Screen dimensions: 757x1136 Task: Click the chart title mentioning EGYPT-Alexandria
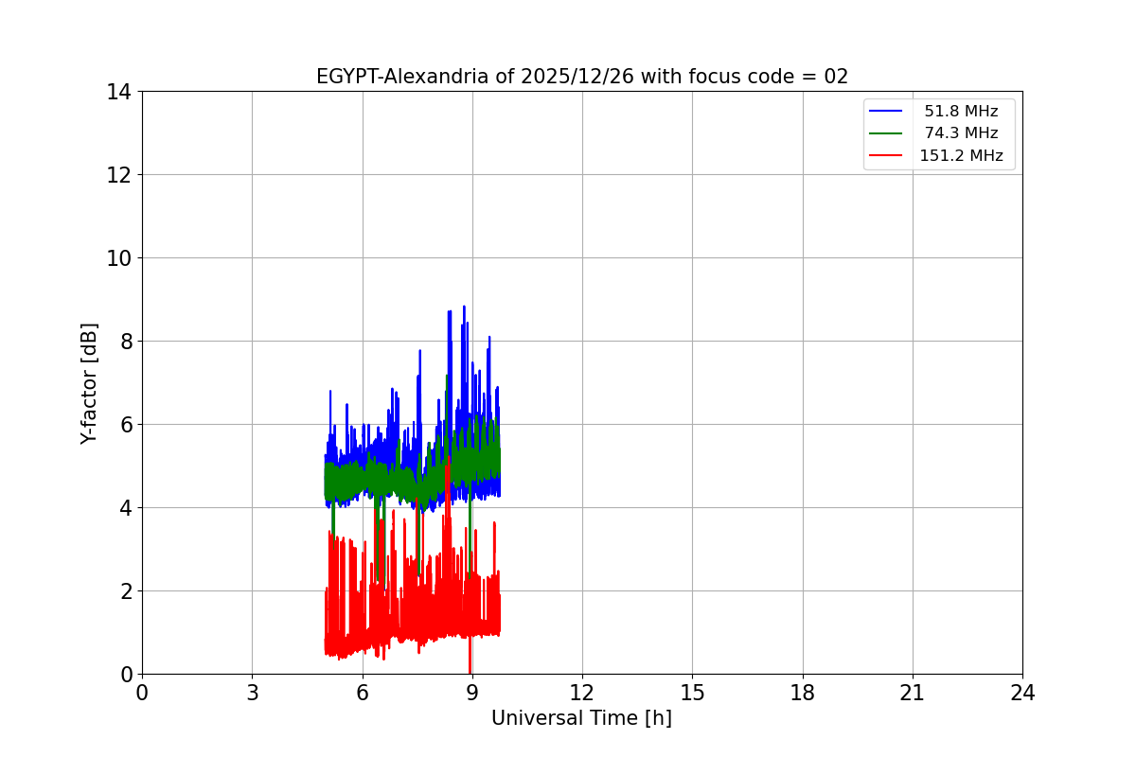582,77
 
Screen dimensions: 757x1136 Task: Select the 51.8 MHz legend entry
961,112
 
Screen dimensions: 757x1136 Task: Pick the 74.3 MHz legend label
961,133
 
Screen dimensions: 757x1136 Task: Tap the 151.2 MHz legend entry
961,156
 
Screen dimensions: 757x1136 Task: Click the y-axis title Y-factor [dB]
89,383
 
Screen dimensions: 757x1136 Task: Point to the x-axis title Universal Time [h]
581,718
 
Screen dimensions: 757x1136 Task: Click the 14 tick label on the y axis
119,92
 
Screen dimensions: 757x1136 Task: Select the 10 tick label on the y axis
119,258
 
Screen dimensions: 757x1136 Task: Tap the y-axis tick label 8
125,342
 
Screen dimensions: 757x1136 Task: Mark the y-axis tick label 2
125,591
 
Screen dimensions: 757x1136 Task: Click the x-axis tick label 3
252,693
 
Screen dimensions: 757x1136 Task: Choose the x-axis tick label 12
581,693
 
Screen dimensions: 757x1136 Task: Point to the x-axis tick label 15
692,693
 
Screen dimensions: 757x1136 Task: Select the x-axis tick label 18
803,693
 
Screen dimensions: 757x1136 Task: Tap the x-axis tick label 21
913,693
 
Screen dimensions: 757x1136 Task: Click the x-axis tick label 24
1022,693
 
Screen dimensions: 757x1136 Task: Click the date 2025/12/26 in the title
577,77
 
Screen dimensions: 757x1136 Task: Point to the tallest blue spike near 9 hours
464,308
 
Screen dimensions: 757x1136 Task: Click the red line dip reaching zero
470,670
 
